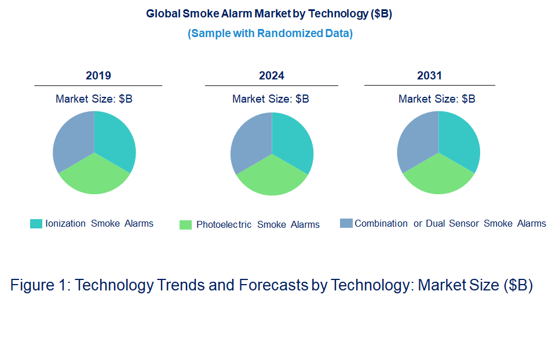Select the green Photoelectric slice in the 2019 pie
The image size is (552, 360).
click(x=94, y=176)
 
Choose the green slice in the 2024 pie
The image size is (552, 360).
click(x=272, y=177)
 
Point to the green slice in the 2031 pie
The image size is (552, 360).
click(x=438, y=176)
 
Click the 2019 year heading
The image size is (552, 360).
click(x=98, y=75)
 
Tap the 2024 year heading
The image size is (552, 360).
click(x=272, y=75)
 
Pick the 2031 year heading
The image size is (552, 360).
click(x=429, y=75)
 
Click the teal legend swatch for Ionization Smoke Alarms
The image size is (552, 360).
click(x=36, y=224)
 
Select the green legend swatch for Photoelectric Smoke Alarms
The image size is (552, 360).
click(x=185, y=225)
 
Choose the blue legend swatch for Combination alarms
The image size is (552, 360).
click(x=346, y=223)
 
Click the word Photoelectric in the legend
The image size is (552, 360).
click(x=224, y=224)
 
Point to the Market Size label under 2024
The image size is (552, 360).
click(x=270, y=99)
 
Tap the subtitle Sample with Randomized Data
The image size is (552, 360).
click(x=270, y=33)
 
